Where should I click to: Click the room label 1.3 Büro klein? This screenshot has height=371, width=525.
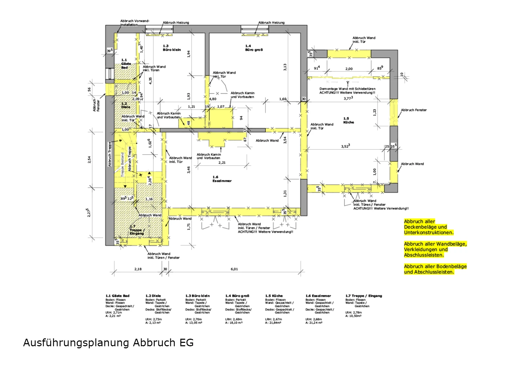click(172, 48)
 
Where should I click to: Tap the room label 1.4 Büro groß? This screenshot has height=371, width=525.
click(254, 48)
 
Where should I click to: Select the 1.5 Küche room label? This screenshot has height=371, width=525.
click(348, 120)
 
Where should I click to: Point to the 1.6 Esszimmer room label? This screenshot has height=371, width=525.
click(222, 179)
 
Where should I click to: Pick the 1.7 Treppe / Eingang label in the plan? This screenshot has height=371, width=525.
click(136, 230)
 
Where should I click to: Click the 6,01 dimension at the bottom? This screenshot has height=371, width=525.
click(234, 269)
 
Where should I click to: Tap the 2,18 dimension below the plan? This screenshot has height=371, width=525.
click(138, 269)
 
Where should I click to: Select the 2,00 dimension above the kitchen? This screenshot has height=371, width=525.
click(349, 69)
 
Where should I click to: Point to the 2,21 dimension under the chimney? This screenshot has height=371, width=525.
click(222, 162)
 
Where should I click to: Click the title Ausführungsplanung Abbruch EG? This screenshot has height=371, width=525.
click(108, 343)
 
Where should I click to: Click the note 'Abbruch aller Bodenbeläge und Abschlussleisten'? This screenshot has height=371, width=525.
click(435, 269)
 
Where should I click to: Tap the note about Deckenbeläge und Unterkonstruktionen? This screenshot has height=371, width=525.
click(428, 227)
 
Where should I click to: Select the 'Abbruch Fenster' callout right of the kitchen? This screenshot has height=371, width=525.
click(414, 110)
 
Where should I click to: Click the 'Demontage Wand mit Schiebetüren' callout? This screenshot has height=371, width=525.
click(347, 91)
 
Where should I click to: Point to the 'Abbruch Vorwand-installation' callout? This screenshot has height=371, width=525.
click(134, 23)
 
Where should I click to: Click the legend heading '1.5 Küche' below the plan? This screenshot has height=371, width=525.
click(274, 296)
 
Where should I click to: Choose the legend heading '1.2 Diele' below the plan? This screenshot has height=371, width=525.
click(153, 296)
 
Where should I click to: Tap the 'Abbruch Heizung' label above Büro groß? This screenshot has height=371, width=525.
click(271, 23)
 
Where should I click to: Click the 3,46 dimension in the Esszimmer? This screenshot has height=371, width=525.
click(188, 170)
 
